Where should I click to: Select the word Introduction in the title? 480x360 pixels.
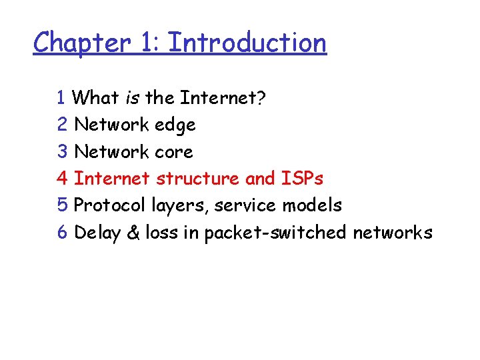(247, 43)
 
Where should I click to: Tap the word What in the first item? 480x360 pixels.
(95, 98)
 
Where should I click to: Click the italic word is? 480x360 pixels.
(131, 98)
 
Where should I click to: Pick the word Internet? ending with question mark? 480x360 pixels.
(223, 98)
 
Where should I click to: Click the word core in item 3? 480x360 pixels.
(173, 152)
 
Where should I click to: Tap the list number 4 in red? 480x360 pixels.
(63, 179)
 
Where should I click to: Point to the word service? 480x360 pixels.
(247, 206)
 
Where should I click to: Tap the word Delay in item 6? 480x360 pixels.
(96, 233)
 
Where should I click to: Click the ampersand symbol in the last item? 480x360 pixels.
(133, 233)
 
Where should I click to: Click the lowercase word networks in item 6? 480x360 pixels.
(392, 233)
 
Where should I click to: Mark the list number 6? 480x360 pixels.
(63, 233)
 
